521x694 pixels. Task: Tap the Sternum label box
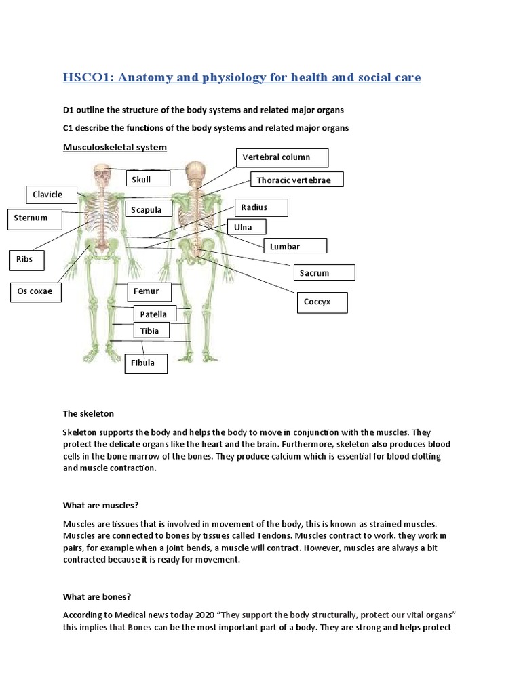click(x=35, y=219)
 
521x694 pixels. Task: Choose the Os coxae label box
click(x=35, y=293)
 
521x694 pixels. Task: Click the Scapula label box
click(x=147, y=209)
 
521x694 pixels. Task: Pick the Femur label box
click(x=149, y=292)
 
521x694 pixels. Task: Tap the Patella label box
click(x=153, y=314)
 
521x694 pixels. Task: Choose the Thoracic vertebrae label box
click(x=296, y=180)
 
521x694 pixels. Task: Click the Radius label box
click(x=260, y=207)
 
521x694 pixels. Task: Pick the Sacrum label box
click(x=324, y=272)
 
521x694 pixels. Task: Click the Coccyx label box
click(x=322, y=302)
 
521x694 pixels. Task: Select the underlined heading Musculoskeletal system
click(x=115, y=147)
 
